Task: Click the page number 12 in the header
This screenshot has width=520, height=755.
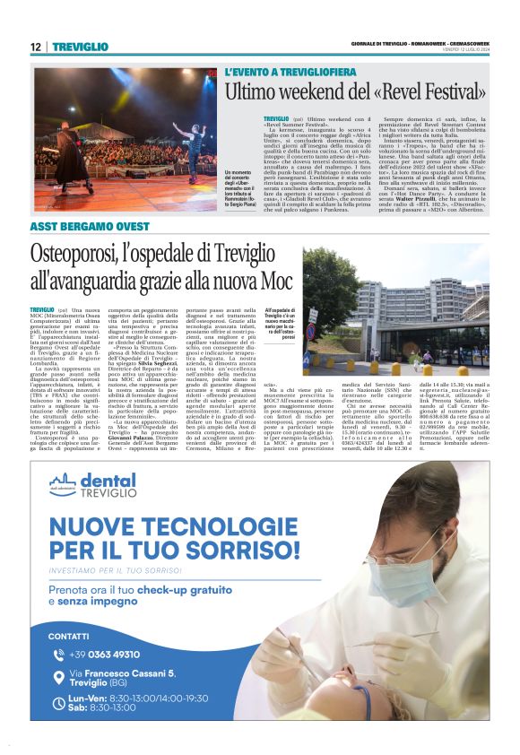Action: click(x=35, y=47)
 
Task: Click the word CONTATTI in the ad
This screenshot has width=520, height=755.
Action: click(x=68, y=636)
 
